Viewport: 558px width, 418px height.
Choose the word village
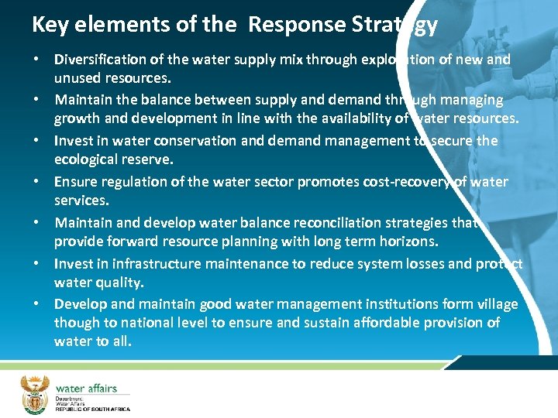coord(496,303)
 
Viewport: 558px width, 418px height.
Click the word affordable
coord(374,322)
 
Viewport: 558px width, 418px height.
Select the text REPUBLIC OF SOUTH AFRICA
coord(92,408)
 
